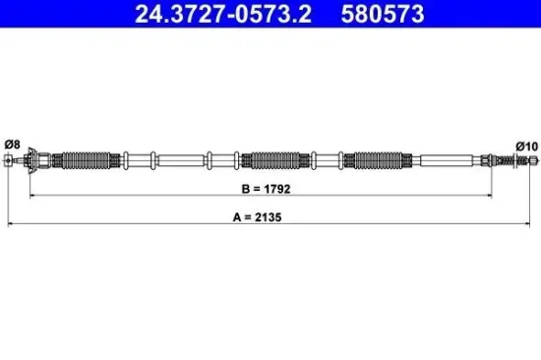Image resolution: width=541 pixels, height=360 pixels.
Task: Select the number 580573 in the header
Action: (381, 14)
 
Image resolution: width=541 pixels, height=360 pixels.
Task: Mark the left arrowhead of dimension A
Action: (11, 225)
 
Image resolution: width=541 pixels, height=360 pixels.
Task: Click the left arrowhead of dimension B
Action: (35, 196)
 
